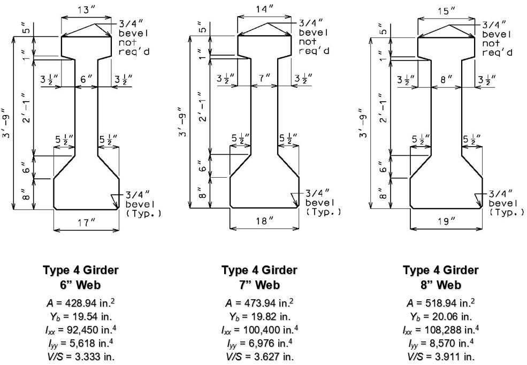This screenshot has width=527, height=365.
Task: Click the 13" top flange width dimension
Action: pos(86,10)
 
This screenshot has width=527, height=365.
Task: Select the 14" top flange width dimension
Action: pos(264,9)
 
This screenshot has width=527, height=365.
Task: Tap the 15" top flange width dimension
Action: pos(446,11)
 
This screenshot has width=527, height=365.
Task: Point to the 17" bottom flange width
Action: pos(86,223)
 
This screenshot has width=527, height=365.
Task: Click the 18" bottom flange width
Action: pos(264,221)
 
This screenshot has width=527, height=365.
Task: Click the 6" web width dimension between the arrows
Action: pos(86,79)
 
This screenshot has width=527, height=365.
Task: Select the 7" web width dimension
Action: pos(264,78)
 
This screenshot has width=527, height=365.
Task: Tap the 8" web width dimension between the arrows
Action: pos(446,80)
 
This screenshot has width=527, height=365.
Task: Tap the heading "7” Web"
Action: pos(259,285)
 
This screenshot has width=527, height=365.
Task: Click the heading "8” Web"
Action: pos(441,285)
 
